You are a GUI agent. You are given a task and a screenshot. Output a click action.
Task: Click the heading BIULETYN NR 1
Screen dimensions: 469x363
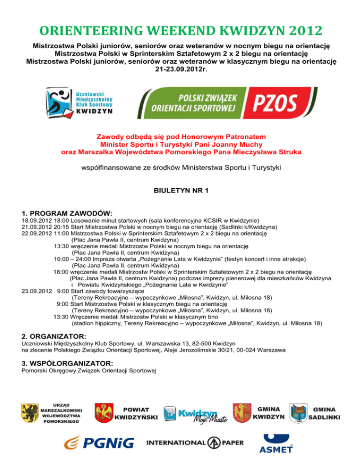[x=181, y=192]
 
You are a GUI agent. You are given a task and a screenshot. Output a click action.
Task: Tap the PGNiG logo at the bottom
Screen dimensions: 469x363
[x=99, y=443]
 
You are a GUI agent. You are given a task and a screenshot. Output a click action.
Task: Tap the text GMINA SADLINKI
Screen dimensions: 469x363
[x=324, y=413]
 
